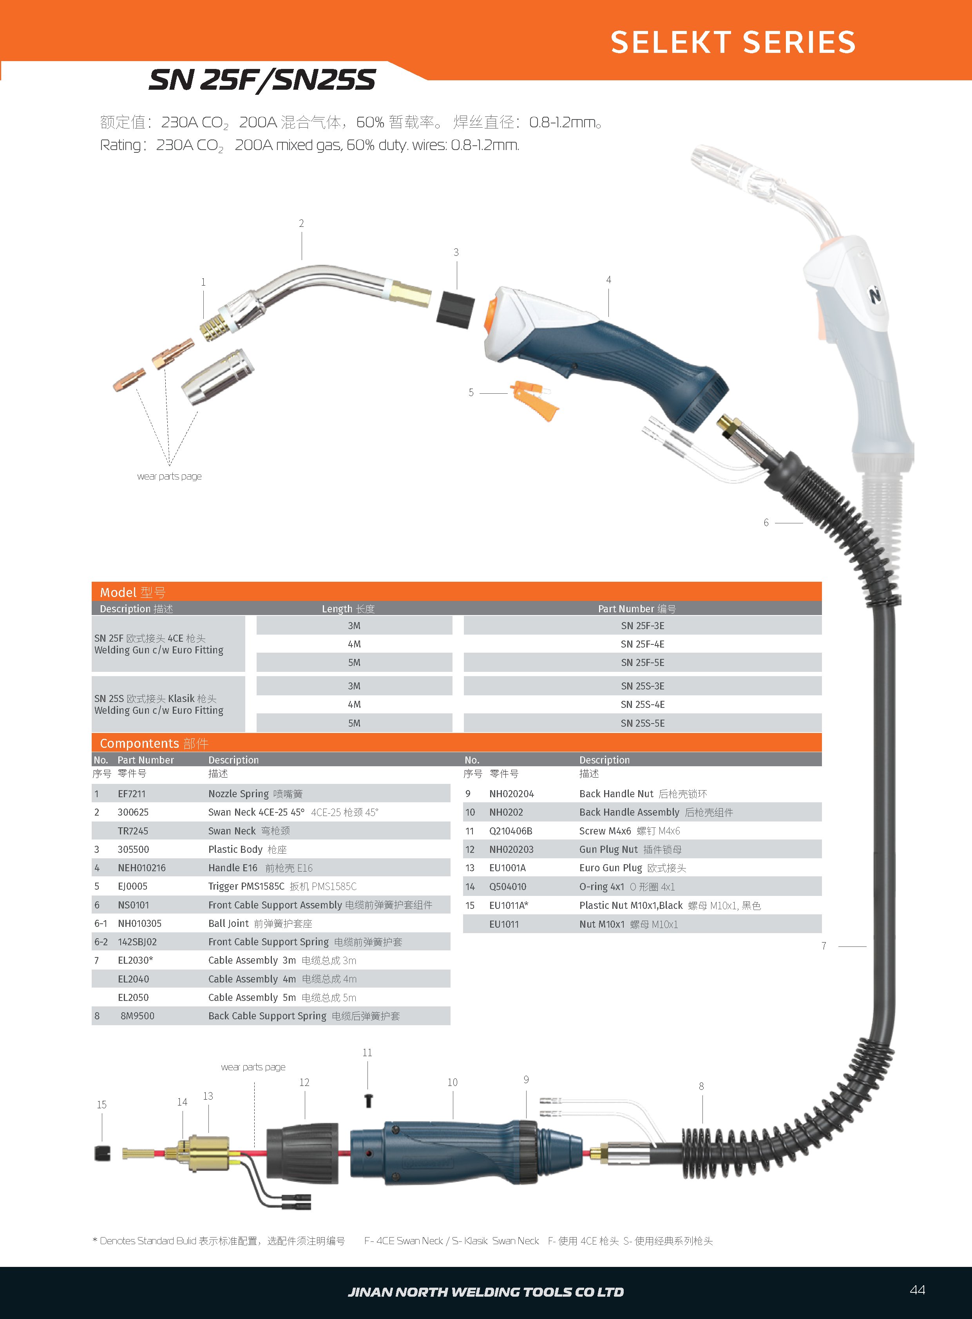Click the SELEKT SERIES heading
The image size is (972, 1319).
point(733,42)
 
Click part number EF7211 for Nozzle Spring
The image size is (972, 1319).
point(131,794)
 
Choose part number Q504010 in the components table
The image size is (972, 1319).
point(507,887)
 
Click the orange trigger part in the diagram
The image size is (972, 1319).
point(535,400)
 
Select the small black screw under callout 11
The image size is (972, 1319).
point(368,1101)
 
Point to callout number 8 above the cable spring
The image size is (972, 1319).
point(701,1086)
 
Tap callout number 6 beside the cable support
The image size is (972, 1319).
point(766,523)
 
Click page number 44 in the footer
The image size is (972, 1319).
point(917,1290)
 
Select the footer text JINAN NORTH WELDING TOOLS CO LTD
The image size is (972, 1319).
point(485,1292)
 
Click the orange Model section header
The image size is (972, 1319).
point(456,592)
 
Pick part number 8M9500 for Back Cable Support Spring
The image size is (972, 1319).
point(137,1016)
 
